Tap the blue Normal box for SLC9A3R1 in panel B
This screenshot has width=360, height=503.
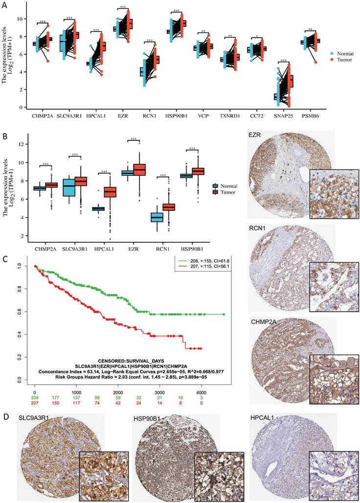(69, 188)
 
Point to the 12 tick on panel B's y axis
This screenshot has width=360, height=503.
(22, 144)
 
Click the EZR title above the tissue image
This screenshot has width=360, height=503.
(254, 134)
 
